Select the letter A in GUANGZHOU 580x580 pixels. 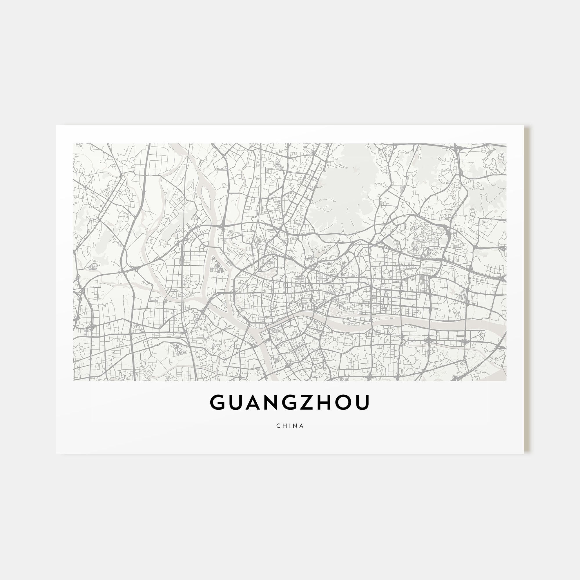(x=257, y=403)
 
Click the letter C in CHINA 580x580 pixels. (x=278, y=426)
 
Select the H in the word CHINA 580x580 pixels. (x=284, y=426)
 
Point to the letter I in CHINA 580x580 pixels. (x=289, y=426)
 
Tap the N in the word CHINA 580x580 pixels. (x=295, y=426)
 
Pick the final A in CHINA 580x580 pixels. (x=301, y=426)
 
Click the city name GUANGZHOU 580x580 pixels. (x=290, y=403)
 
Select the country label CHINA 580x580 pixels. (x=290, y=426)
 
